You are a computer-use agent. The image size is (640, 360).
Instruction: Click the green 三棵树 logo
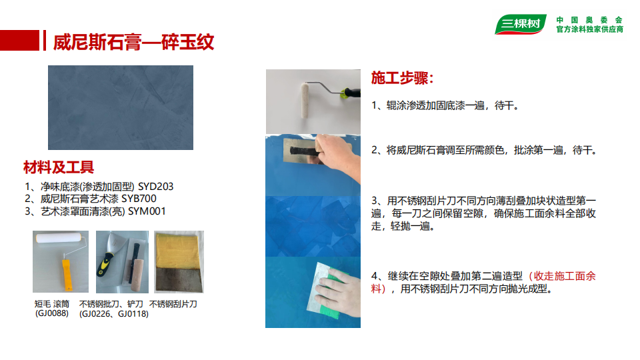521,24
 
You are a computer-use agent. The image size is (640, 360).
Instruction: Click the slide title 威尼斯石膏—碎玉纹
133,42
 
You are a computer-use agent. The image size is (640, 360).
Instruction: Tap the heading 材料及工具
59,167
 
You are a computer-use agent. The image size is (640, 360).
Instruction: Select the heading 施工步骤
402,77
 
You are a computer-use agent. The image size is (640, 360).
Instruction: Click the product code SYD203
155,187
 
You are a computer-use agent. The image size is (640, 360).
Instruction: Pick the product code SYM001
147,211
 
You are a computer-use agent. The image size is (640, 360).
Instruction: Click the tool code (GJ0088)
52,313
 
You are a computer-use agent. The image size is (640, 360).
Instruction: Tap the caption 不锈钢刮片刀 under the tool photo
173,304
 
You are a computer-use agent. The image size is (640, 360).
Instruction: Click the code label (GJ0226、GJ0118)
114,314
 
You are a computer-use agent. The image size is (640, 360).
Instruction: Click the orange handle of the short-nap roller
67,273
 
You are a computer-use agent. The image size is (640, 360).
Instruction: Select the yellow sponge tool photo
179,261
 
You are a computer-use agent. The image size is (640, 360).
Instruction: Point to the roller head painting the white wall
305,100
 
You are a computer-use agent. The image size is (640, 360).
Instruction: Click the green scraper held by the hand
330,292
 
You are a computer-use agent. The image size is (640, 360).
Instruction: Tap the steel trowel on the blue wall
301,151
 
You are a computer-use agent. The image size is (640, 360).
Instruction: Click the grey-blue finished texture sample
121,108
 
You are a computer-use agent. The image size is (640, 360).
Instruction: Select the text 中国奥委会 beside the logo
589,19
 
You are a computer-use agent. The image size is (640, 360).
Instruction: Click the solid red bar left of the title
19,41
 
